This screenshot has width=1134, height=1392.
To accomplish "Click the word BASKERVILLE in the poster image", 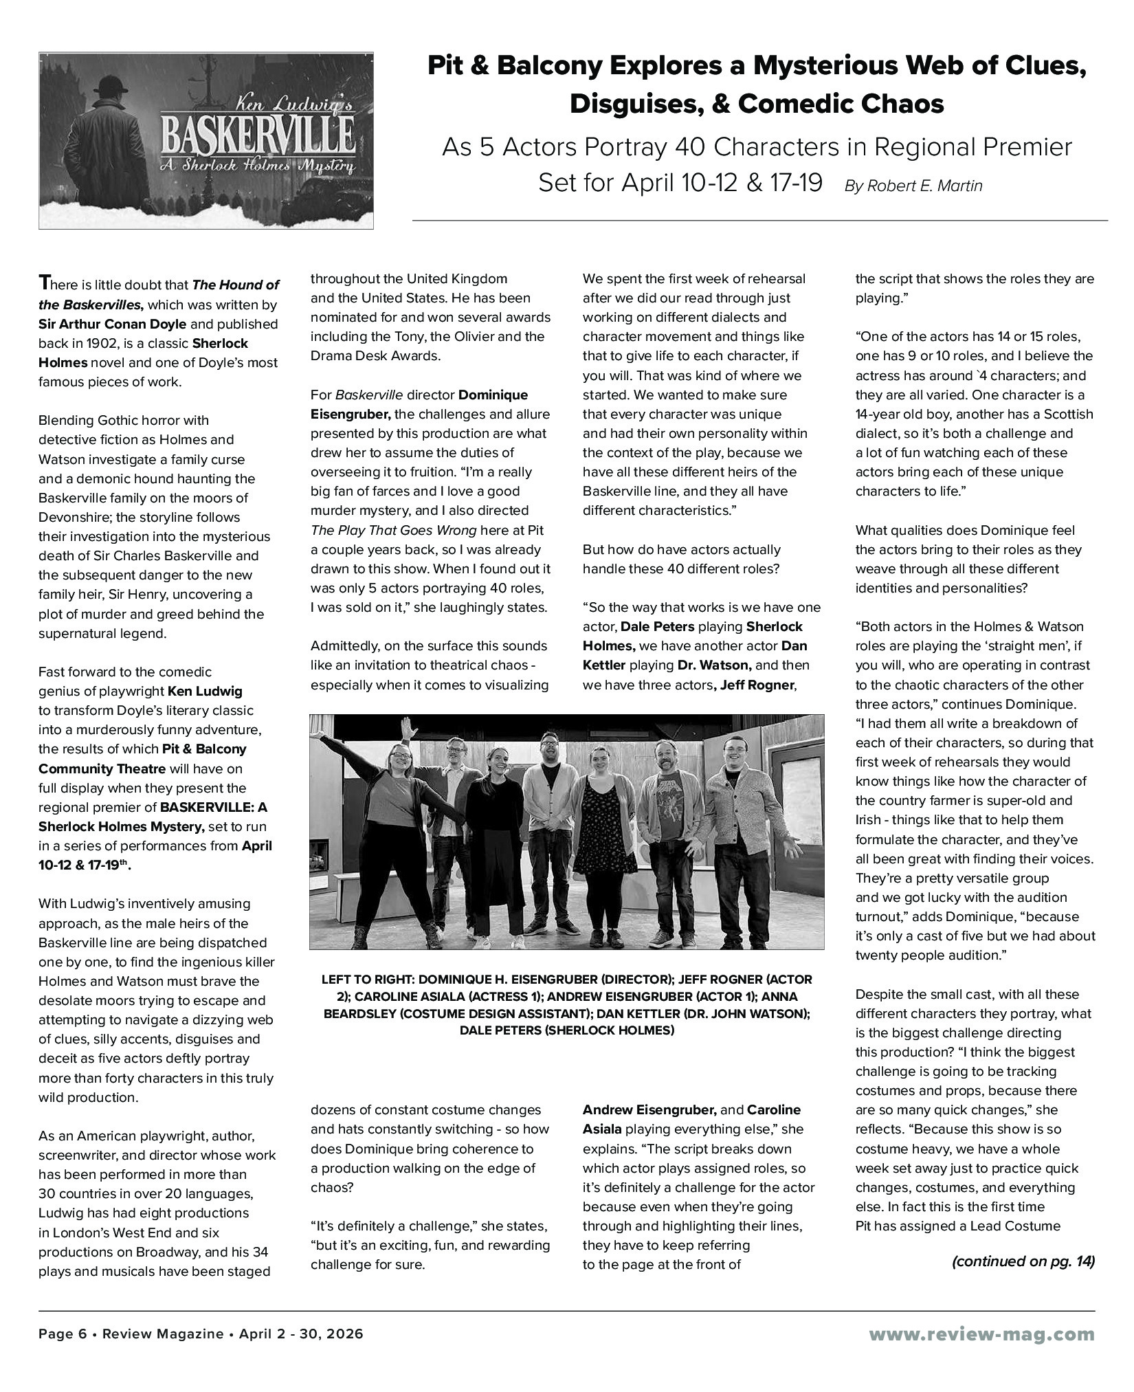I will coord(257,135).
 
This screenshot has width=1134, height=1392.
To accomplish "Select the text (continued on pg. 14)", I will coord(1023,1261).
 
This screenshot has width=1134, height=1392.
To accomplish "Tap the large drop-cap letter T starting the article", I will coord(45,283).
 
